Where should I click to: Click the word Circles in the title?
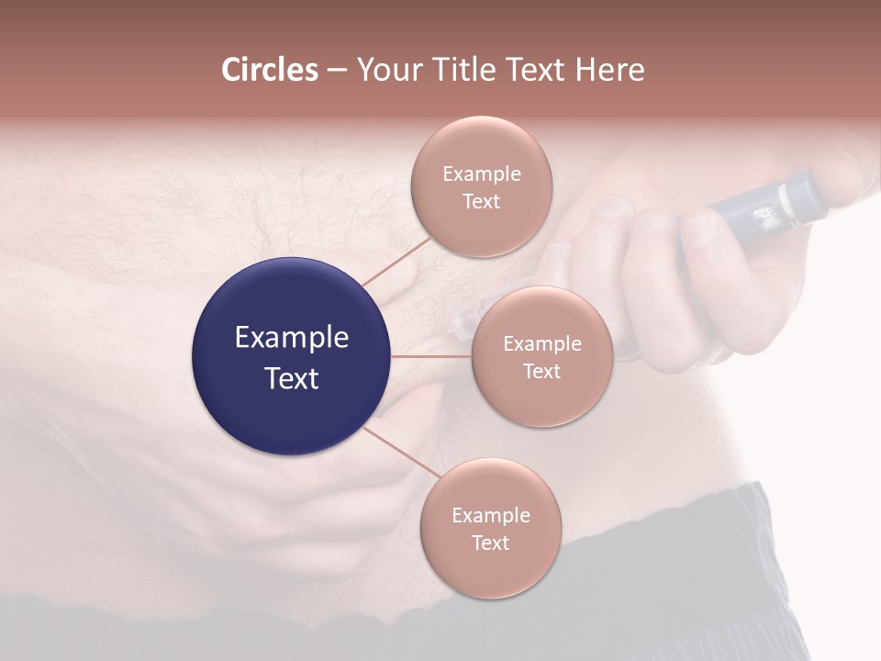[x=270, y=70]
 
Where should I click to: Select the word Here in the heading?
[x=609, y=70]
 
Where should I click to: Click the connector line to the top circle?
[x=396, y=262]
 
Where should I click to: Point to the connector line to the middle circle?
[x=431, y=356]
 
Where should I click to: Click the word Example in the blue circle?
[x=291, y=338]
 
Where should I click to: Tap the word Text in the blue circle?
[x=291, y=378]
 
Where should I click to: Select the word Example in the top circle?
[x=481, y=174]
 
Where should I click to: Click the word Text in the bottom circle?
[x=490, y=543]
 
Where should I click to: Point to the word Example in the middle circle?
[x=541, y=344]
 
